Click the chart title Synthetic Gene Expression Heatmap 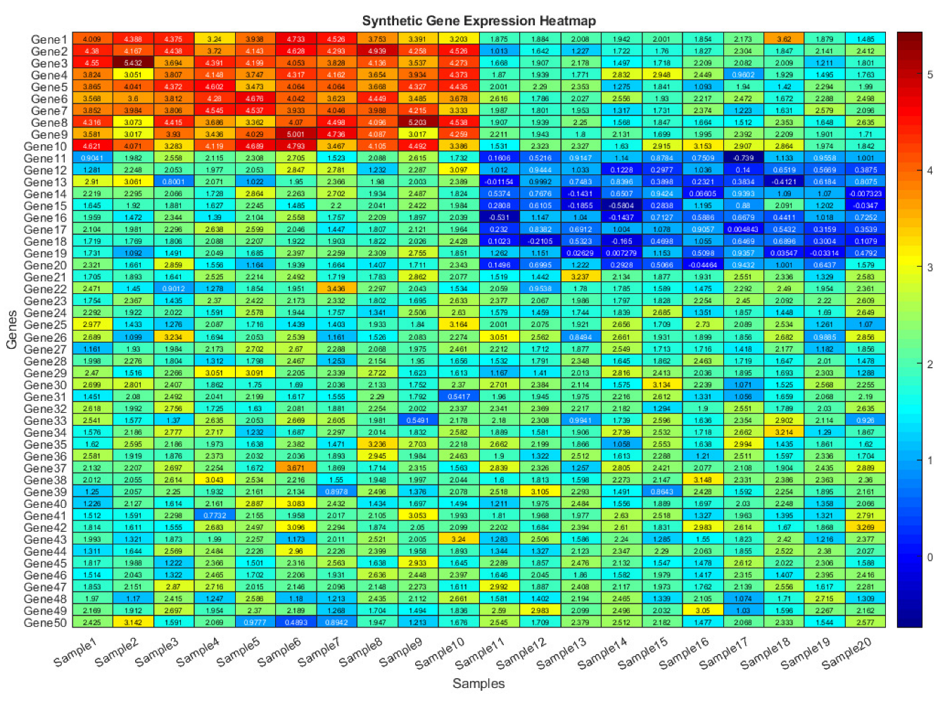click(x=478, y=21)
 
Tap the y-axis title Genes click(x=12, y=330)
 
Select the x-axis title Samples click(x=478, y=683)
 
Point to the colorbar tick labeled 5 click(x=930, y=75)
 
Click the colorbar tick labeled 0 click(x=930, y=557)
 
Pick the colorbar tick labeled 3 click(x=930, y=267)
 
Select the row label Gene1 click(x=49, y=39)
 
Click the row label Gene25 click(x=46, y=325)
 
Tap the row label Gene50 click(x=46, y=623)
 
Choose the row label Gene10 click(x=46, y=146)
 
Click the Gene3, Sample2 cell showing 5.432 click(x=132, y=63)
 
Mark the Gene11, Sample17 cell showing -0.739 click(x=743, y=158)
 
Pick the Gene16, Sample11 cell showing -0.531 click(x=499, y=218)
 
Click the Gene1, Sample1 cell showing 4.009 click(x=91, y=39)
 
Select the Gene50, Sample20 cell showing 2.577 click(x=865, y=623)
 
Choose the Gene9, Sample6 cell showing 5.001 click(x=296, y=134)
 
